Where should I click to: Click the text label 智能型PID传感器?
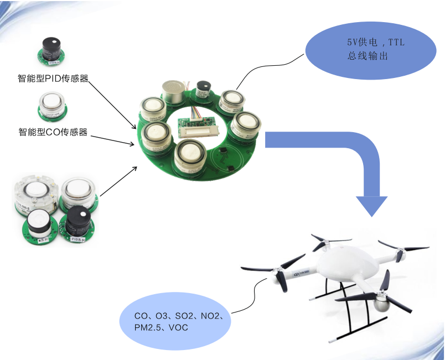click(53, 78)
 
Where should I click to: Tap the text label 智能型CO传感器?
click(53, 132)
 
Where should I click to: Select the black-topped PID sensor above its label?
click(53, 49)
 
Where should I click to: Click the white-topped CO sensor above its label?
click(51, 105)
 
